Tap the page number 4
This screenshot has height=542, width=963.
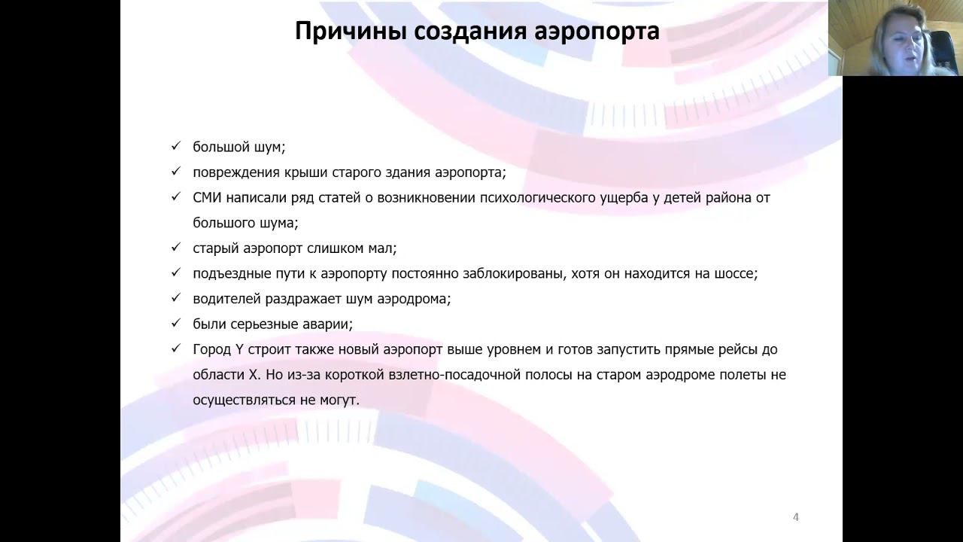coord(796,516)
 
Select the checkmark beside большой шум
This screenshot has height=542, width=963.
coord(176,146)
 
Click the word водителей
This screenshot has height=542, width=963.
coord(226,299)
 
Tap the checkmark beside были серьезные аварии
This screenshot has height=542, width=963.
coord(176,324)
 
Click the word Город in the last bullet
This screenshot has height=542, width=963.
coord(212,349)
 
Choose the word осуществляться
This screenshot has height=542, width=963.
coord(243,400)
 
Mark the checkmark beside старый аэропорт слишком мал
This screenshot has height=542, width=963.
coord(176,248)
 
